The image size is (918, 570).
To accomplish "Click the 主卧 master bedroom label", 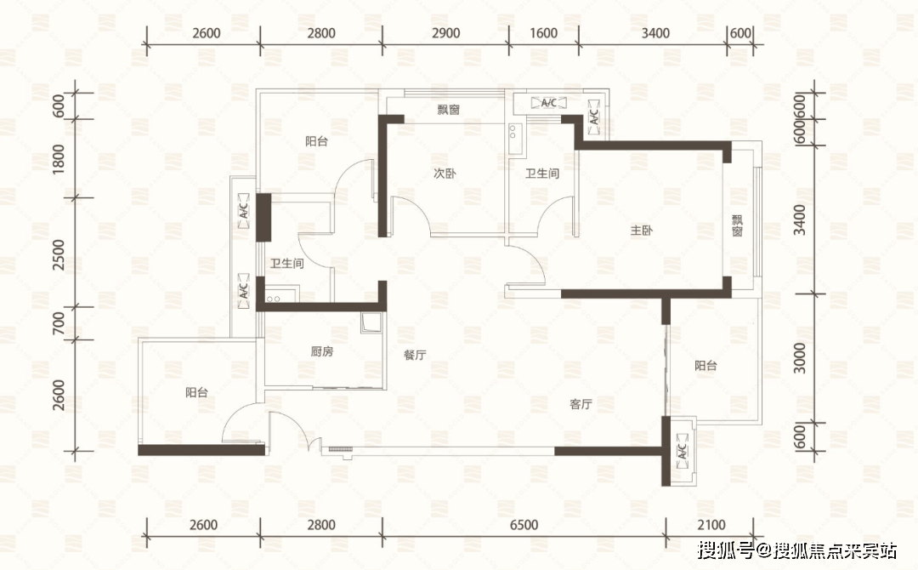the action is pyautogui.click(x=641, y=231).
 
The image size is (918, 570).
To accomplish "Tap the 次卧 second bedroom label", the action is pyautogui.click(x=445, y=174).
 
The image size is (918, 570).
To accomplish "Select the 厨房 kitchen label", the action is pyautogui.click(x=322, y=351).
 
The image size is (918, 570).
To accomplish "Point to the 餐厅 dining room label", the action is pyautogui.click(x=415, y=355).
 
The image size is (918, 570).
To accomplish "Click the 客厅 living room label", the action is pyautogui.click(x=581, y=404).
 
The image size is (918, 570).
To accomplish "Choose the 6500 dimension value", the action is pyautogui.click(x=524, y=525).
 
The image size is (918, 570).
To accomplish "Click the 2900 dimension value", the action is pyautogui.click(x=446, y=33).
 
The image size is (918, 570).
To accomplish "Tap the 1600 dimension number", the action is pyautogui.click(x=543, y=33).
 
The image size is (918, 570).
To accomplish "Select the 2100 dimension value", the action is pyautogui.click(x=711, y=525).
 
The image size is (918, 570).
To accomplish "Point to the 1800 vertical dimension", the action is pyautogui.click(x=58, y=159).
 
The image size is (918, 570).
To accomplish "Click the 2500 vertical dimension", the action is pyautogui.click(x=58, y=255).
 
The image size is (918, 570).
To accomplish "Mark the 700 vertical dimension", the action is pyautogui.click(x=58, y=322).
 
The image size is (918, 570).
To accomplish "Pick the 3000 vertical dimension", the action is pyautogui.click(x=799, y=358).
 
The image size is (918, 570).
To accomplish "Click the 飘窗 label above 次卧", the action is pyautogui.click(x=449, y=110).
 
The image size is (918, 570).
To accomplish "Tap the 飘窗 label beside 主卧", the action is pyautogui.click(x=737, y=225).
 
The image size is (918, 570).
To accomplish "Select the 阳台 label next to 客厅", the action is pyautogui.click(x=705, y=366).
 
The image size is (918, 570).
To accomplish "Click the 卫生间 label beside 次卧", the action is pyautogui.click(x=542, y=174).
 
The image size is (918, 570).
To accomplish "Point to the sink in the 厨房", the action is pyautogui.click(x=371, y=322).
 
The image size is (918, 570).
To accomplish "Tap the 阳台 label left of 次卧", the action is pyautogui.click(x=316, y=141).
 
